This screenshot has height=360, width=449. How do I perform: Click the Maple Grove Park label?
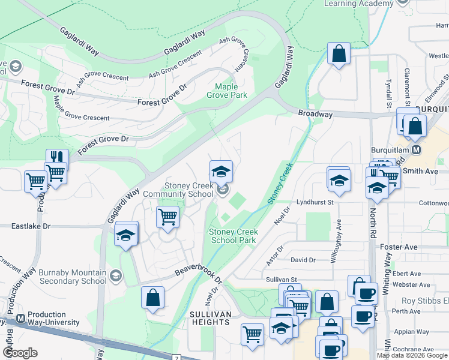click(227, 91)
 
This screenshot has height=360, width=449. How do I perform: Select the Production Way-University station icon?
click(21, 318)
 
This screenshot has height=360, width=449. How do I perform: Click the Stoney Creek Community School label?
click(178, 190)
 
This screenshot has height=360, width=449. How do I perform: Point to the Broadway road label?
click(315, 114)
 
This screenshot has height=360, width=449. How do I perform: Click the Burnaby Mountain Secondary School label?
click(73, 277)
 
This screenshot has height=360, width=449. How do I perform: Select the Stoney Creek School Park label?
click(234, 236)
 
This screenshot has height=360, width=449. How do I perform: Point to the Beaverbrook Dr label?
click(199, 268)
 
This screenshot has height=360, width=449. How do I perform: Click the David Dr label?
click(303, 260)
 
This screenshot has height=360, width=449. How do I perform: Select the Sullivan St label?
click(282, 280)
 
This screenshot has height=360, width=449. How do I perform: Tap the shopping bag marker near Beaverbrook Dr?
click(153, 298)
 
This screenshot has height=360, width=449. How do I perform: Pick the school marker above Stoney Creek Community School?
click(221, 172)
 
